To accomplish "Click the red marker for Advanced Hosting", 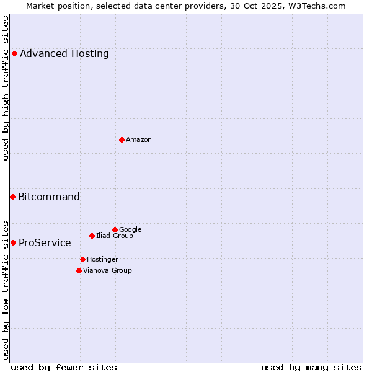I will click(x=14, y=53).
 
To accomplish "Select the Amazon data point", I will click(x=122, y=139).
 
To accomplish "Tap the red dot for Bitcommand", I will click(x=12, y=197).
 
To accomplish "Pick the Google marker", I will click(x=115, y=229).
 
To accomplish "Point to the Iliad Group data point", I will click(x=92, y=236).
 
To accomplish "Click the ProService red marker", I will click(x=13, y=242).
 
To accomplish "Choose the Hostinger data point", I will click(x=82, y=259).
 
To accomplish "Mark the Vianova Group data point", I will click(x=79, y=270).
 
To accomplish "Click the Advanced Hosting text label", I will click(x=64, y=53).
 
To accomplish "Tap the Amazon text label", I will click(x=139, y=139).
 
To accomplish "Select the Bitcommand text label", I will click(x=49, y=197).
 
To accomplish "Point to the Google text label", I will click(x=130, y=229).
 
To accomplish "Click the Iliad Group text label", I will click(x=115, y=236).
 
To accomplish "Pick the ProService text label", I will click(x=45, y=242).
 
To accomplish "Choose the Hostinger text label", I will click(x=102, y=259).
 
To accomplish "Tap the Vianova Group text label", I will click(x=107, y=270).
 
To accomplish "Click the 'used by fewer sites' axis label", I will click(x=64, y=367).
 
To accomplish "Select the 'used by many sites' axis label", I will click(x=311, y=367).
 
